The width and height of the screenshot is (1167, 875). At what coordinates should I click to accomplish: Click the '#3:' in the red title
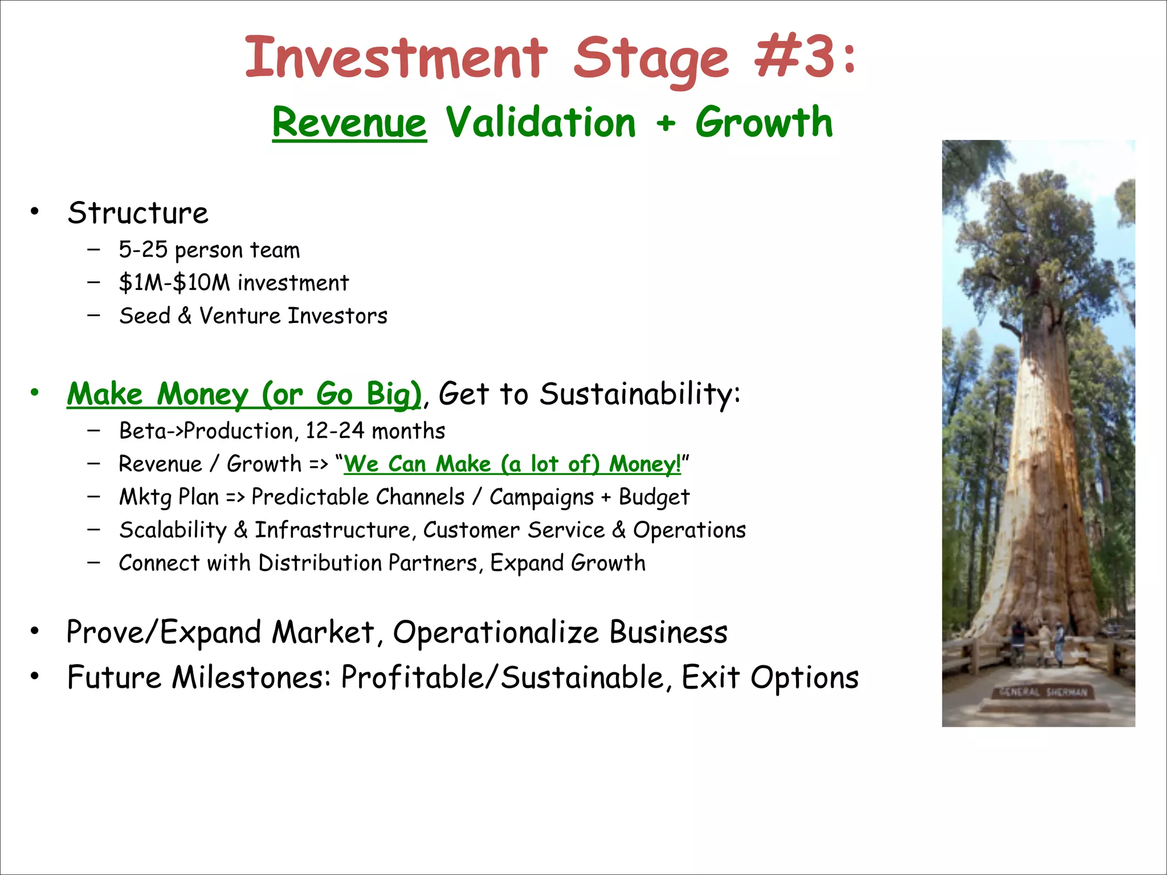pos(805,57)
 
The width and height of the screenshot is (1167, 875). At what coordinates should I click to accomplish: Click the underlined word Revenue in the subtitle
pos(349,122)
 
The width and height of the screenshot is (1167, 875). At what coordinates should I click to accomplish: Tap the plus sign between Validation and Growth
pos(665,124)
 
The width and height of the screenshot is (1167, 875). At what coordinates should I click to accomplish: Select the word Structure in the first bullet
pos(138,214)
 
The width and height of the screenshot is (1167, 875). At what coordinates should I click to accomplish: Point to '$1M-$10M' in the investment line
pos(174,283)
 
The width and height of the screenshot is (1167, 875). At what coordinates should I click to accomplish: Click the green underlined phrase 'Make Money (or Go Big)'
pos(244,394)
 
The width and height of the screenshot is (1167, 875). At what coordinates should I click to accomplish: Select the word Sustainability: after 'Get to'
pos(639,394)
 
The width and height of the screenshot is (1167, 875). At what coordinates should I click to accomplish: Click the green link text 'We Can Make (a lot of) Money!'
pos(512,464)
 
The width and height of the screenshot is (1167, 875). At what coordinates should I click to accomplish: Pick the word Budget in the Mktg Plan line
pos(654,497)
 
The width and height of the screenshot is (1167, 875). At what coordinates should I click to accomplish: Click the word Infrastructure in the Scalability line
pos(332,530)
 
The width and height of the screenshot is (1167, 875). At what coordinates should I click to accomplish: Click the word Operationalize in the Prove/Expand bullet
pos(496,632)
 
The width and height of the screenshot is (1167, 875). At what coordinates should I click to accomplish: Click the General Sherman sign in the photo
pos(1043,693)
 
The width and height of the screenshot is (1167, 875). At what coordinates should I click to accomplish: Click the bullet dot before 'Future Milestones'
pos(35,676)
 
